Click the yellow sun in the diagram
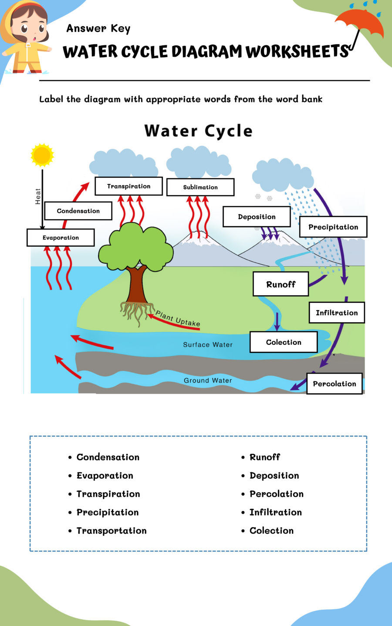[42, 155]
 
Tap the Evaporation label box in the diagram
[61, 238]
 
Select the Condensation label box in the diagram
[78, 211]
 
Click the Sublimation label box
[200, 187]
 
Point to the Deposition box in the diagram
[257, 217]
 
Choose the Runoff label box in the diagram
[281, 284]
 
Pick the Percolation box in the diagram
[335, 384]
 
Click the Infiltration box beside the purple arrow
[337, 313]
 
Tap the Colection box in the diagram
[284, 342]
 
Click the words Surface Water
[208, 345]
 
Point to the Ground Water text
[208, 381]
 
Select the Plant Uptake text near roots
[178, 318]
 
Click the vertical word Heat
[38, 197]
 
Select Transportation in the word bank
[112, 531]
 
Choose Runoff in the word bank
[265, 457]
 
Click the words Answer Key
[98, 28]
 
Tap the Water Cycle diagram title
[199, 131]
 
